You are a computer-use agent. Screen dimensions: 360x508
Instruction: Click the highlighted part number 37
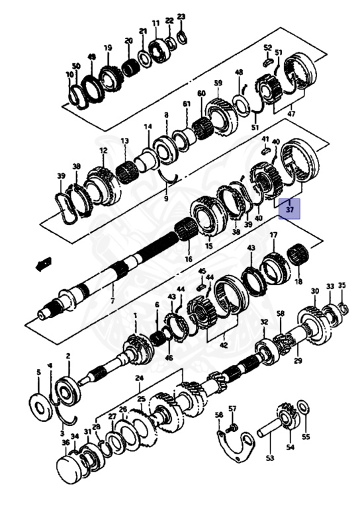coord(290,209)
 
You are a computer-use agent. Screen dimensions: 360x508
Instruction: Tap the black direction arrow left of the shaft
coord(44,263)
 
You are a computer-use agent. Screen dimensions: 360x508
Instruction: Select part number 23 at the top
coord(181,17)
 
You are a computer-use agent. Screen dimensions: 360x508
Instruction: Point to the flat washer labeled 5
coord(41,407)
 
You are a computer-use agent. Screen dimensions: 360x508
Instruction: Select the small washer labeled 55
coord(303,407)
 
